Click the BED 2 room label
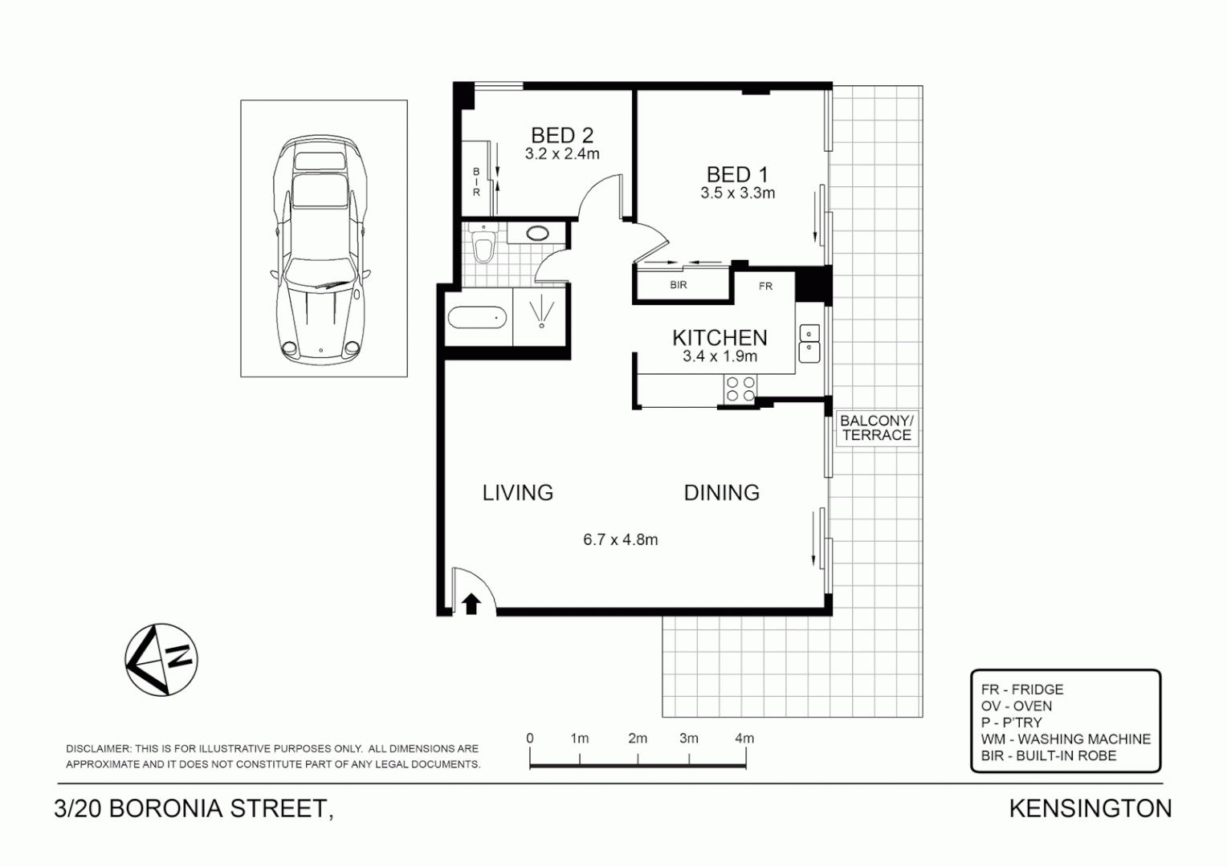[561, 135]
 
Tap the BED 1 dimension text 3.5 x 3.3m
[737, 193]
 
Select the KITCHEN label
[719, 338]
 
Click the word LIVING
[518, 492]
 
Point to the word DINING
[721, 492]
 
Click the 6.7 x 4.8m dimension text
[620, 539]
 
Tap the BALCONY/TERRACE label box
[876, 428]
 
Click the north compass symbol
[161, 659]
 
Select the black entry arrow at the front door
[471, 603]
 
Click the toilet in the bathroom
[483, 246]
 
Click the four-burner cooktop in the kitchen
[740, 389]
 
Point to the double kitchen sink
[809, 341]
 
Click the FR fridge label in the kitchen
[765, 286]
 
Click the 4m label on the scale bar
[744, 739]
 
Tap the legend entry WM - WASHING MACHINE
[1065, 739]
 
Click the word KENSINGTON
[1090, 808]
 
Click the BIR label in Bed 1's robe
[678, 285]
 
